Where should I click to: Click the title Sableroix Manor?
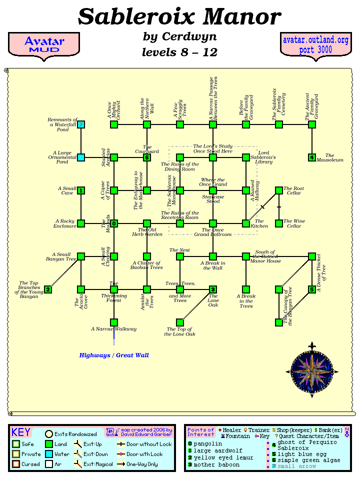(x=179, y=16)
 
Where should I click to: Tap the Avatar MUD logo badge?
(x=44, y=45)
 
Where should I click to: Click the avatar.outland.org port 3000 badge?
(x=315, y=45)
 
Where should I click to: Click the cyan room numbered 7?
(x=81, y=124)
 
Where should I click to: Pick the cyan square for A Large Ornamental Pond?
(x=81, y=157)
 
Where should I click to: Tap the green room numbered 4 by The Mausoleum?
(x=312, y=157)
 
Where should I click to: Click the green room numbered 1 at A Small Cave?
(x=81, y=190)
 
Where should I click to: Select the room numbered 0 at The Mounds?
(x=114, y=223)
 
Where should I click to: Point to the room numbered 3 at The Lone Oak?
(x=213, y=289)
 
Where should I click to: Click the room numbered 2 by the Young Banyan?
(x=48, y=289)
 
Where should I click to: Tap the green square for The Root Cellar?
(x=279, y=190)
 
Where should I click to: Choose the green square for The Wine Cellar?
(x=279, y=223)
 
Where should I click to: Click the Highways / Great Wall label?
(x=114, y=355)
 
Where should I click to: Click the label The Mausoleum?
(x=333, y=158)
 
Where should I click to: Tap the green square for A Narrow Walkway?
(x=114, y=322)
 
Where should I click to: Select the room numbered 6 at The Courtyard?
(x=147, y=157)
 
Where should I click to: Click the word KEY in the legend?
(x=21, y=432)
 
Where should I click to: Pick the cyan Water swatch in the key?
(x=49, y=454)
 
